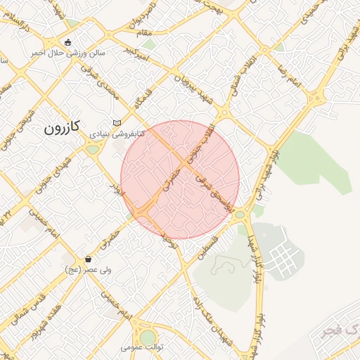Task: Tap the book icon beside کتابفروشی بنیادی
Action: [117, 123]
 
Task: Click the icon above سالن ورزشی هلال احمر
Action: [67, 42]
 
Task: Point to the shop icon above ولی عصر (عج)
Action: [88, 259]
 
